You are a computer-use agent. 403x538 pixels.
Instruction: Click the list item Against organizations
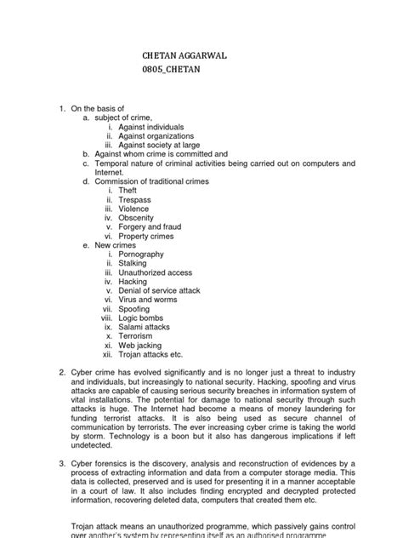pos(156,136)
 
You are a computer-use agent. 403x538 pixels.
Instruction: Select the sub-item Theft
pos(128,192)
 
